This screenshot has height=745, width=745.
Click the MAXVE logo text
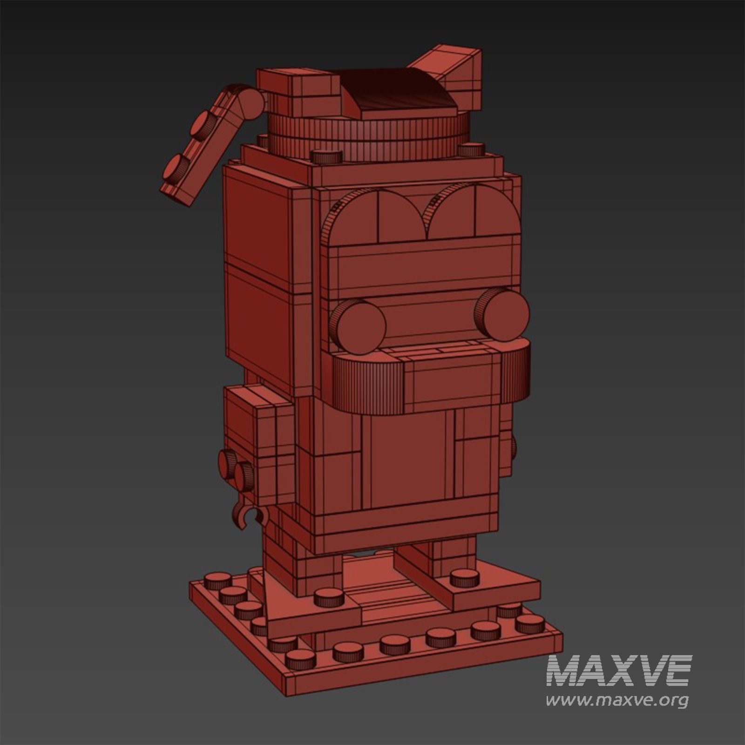click(619, 670)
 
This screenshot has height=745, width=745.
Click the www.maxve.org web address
click(617, 700)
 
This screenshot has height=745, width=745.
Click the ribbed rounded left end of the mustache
click(368, 384)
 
